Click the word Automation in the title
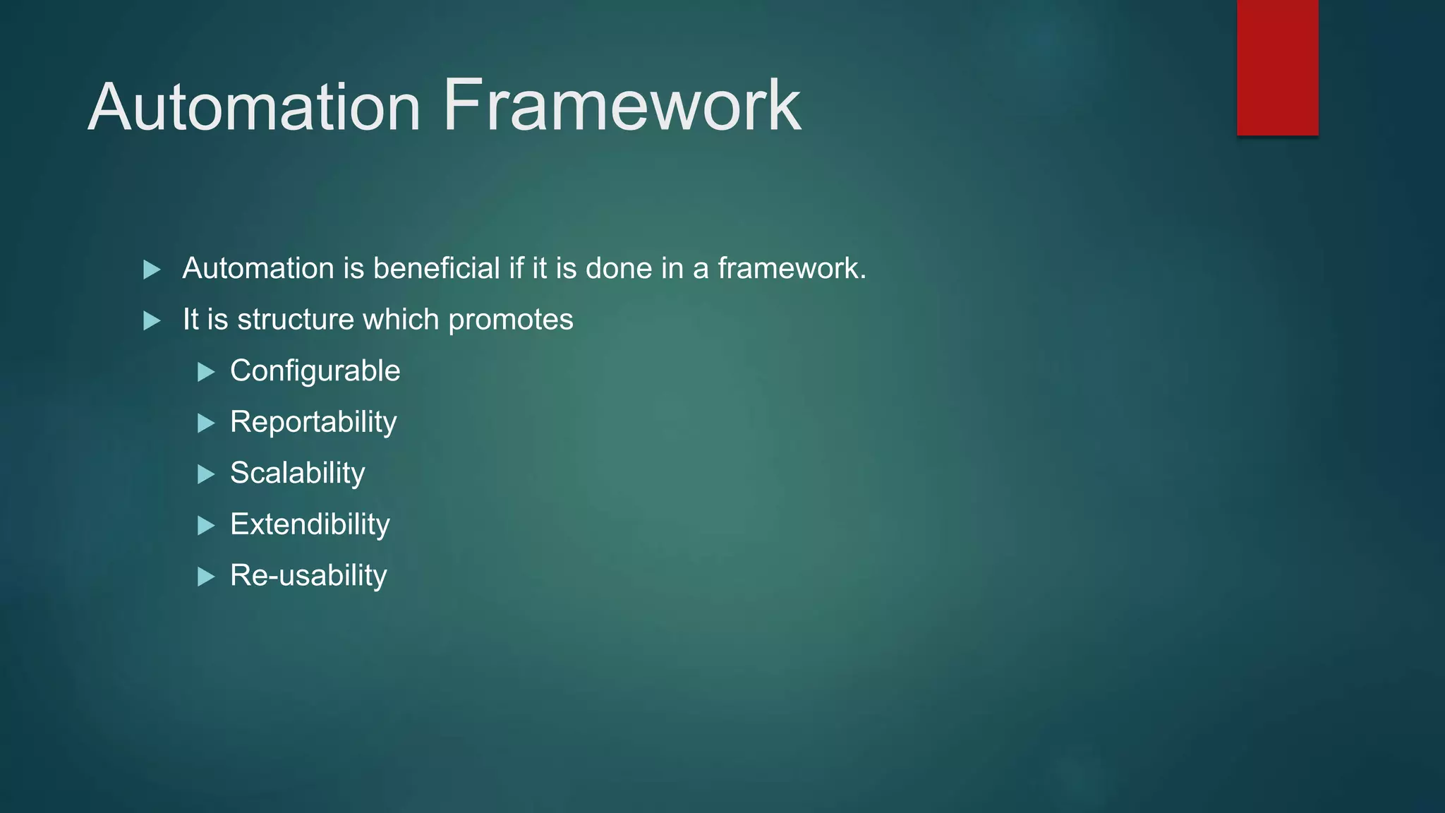pyautogui.click(x=254, y=107)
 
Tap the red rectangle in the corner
pyautogui.click(x=1277, y=67)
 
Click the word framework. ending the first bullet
pyautogui.click(x=792, y=268)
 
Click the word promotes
pyautogui.click(x=511, y=320)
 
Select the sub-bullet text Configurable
pyautogui.click(x=315, y=371)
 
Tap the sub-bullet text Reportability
pyautogui.click(x=313, y=422)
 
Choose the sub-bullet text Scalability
pyautogui.click(x=297, y=473)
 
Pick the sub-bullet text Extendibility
pyautogui.click(x=310, y=524)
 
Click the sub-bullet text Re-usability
pyautogui.click(x=308, y=575)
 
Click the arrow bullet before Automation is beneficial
pyautogui.click(x=152, y=270)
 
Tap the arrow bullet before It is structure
pyautogui.click(x=152, y=321)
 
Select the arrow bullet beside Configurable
pyautogui.click(x=206, y=372)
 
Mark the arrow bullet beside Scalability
pyautogui.click(x=206, y=474)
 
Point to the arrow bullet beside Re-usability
pyautogui.click(x=206, y=577)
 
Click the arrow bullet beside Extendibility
pyautogui.click(x=206, y=526)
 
